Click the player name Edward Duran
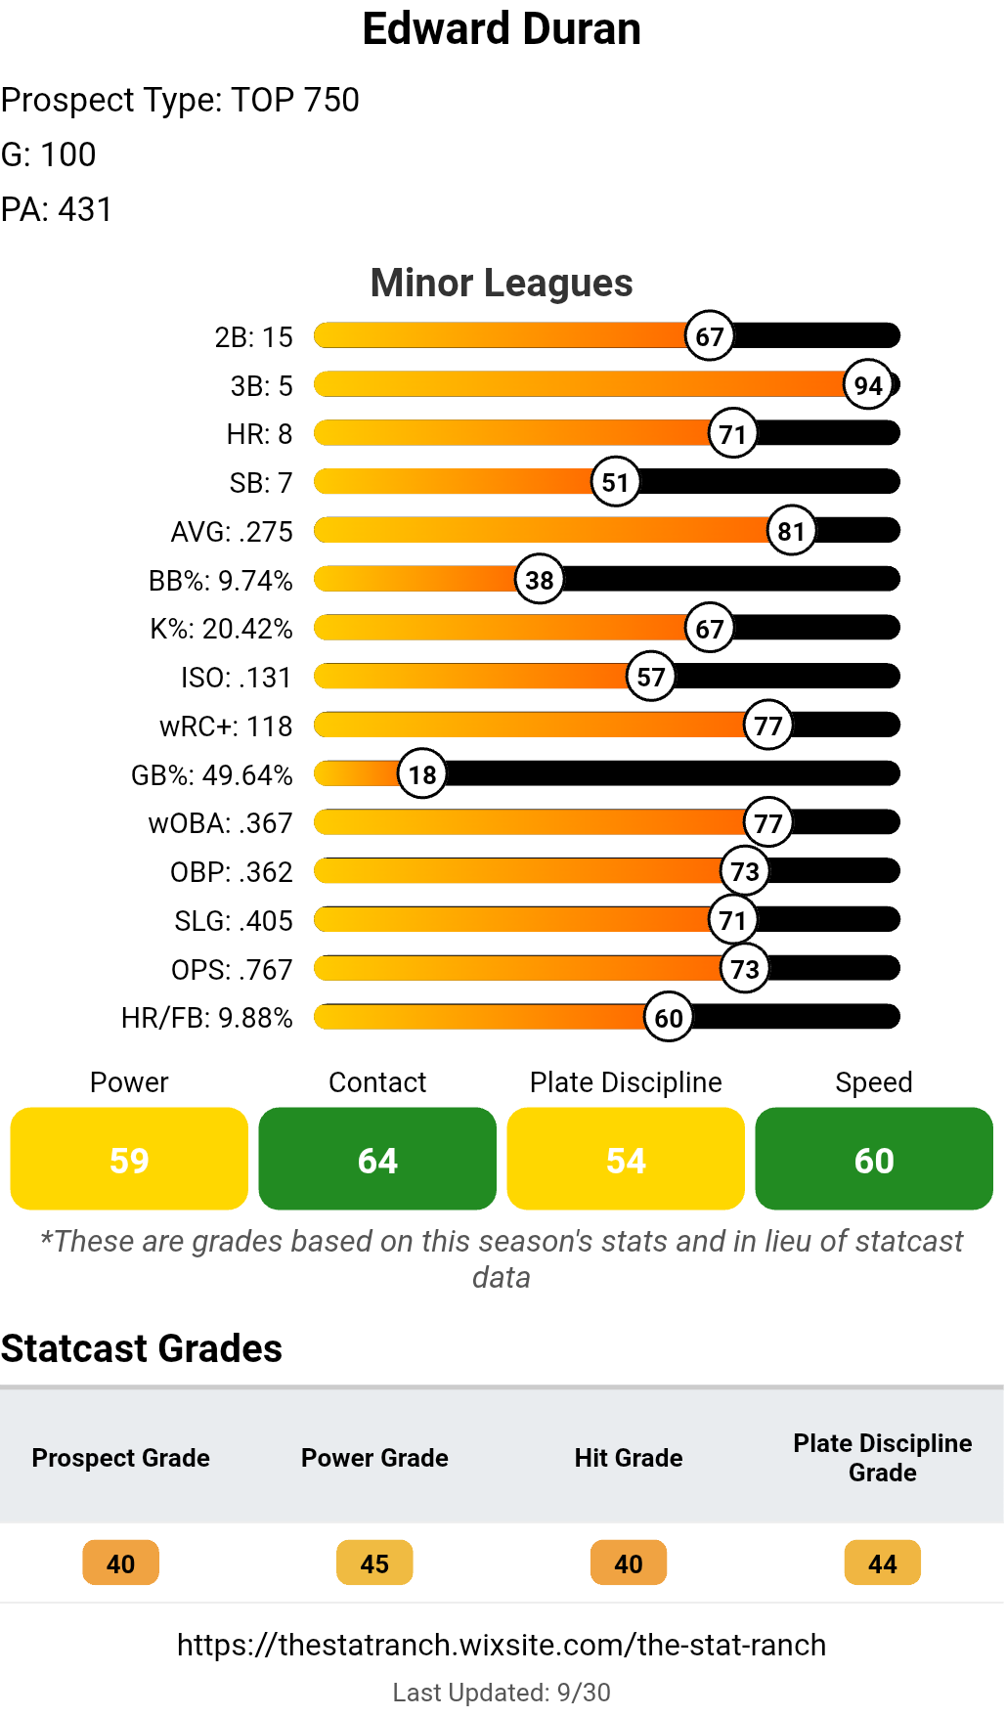[x=502, y=29]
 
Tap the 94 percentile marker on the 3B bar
[x=868, y=385]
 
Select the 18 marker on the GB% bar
[x=422, y=774]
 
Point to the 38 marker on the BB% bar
[x=540, y=580]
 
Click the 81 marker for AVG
[x=791, y=531]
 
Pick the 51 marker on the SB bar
[x=615, y=482]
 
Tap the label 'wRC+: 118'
[x=226, y=726]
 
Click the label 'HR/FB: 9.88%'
[x=206, y=1018]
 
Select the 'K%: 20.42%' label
[x=221, y=629]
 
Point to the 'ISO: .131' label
[x=237, y=678]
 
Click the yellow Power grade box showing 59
[x=129, y=1159]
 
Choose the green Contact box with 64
[x=377, y=1159]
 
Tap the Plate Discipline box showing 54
[x=626, y=1159]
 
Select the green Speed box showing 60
[x=874, y=1159]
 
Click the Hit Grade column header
[x=629, y=1458]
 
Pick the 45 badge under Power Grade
[x=374, y=1563]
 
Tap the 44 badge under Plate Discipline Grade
[x=883, y=1563]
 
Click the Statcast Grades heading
[x=142, y=1348]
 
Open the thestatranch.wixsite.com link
[x=502, y=1645]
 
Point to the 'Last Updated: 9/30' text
[x=502, y=1693]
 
